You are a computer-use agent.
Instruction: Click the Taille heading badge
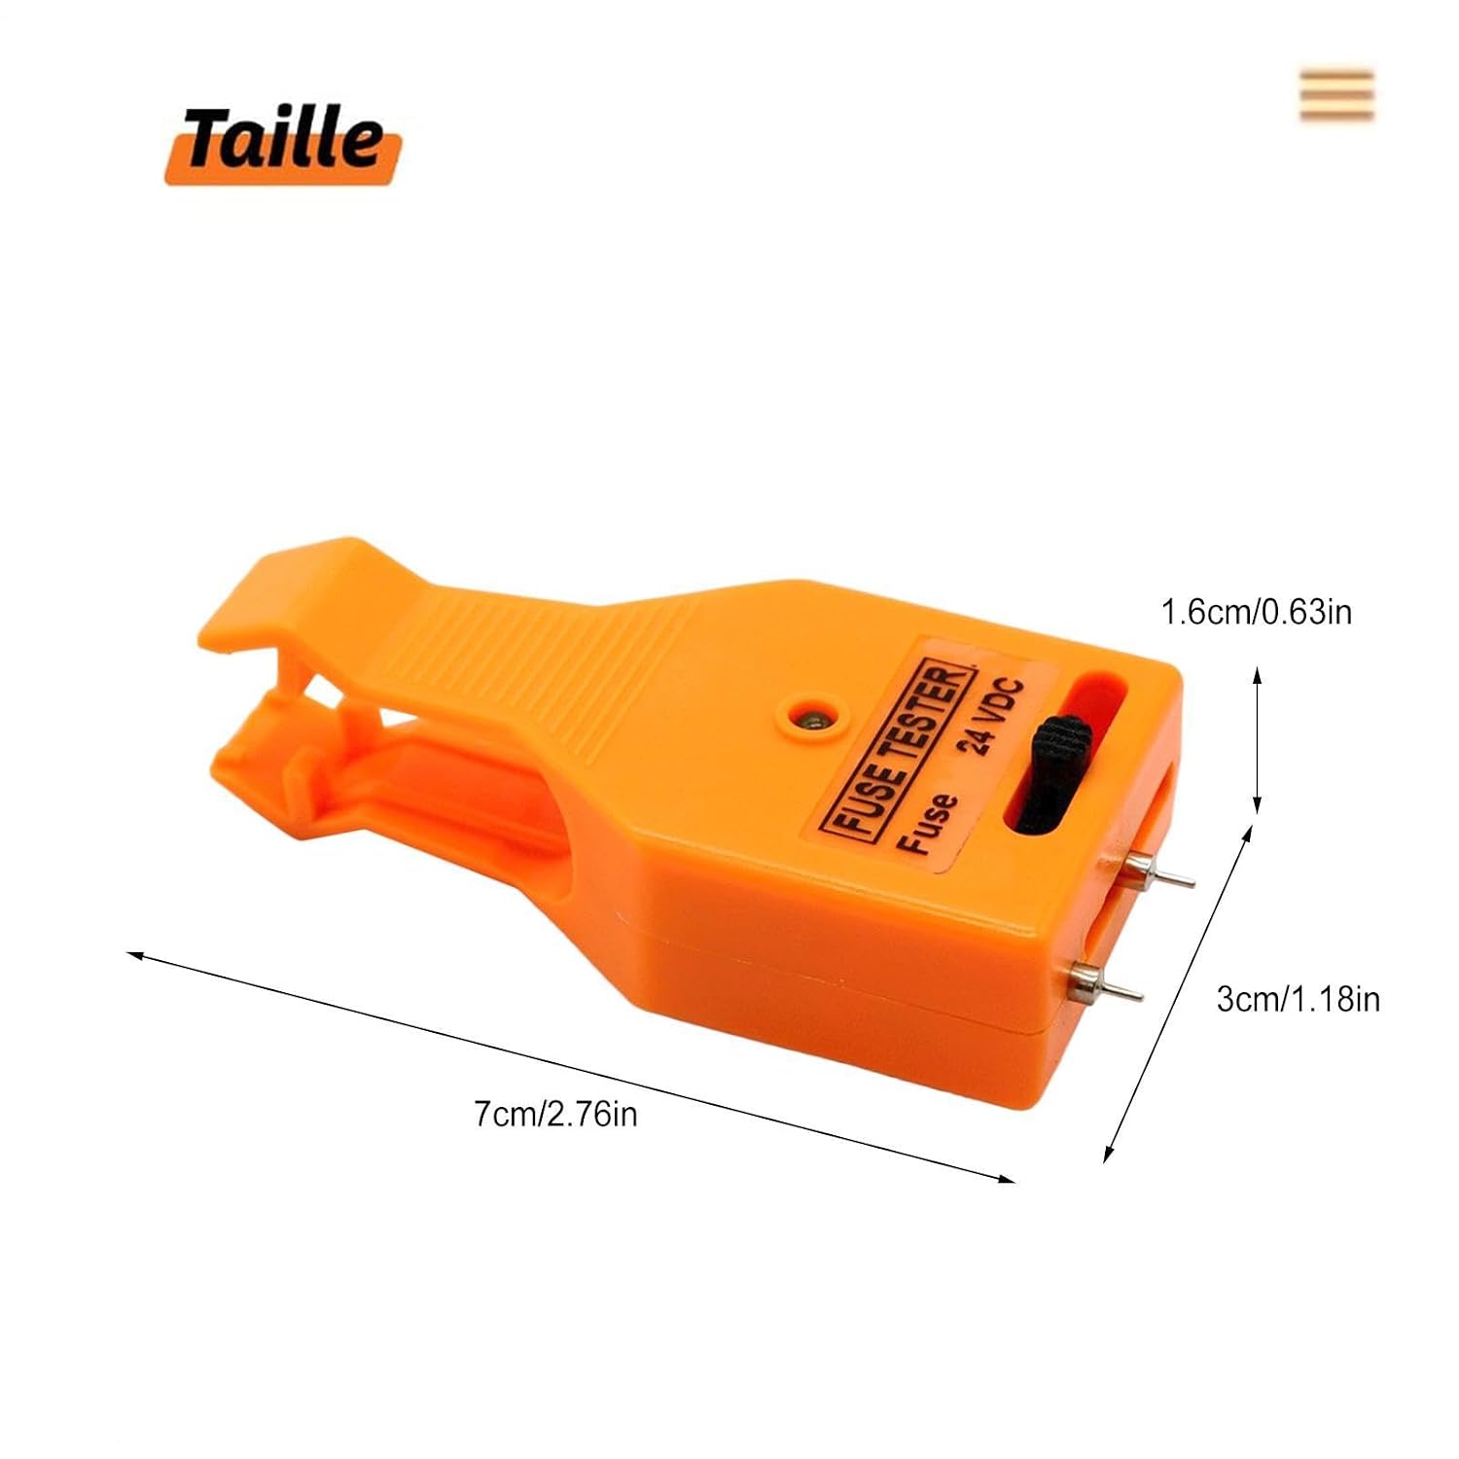click(283, 144)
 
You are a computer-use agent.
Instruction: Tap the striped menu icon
click(1336, 95)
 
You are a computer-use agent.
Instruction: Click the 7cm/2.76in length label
click(555, 1113)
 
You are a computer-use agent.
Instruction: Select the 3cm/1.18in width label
click(1298, 999)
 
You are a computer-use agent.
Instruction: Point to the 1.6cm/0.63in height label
click(1257, 612)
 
